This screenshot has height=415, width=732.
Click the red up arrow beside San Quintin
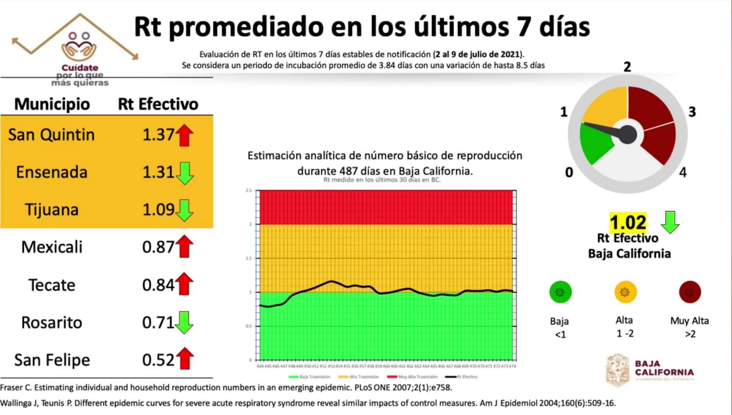(184, 135)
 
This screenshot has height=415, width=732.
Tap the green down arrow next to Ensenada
(184, 172)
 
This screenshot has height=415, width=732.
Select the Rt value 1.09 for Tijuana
(158, 210)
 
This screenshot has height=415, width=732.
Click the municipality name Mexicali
(52, 247)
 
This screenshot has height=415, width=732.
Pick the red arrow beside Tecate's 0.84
(184, 284)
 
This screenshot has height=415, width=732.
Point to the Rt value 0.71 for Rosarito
(158, 322)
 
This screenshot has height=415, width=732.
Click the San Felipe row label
(52, 360)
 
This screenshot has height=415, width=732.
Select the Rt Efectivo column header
(158, 104)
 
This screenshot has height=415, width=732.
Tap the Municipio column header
(52, 104)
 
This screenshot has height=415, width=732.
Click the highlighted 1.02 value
(628, 223)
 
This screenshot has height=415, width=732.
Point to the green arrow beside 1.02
(670, 222)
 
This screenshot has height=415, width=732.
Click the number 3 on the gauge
(692, 112)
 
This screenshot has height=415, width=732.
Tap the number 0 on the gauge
(569, 172)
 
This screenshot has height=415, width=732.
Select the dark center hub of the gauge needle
(627, 135)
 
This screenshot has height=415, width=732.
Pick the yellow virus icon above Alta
(625, 292)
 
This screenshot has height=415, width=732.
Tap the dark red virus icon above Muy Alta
(689, 292)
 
